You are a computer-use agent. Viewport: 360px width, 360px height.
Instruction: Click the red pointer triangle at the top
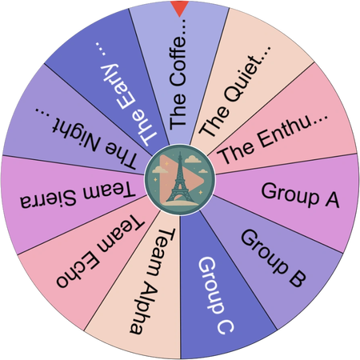(x=180, y=7)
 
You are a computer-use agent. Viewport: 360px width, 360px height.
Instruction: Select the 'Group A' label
(x=300, y=195)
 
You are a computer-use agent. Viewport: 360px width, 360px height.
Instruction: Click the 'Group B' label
(x=274, y=258)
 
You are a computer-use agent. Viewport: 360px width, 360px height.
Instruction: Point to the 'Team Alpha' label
(x=153, y=282)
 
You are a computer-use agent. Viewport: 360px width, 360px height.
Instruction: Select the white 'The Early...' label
(x=126, y=94)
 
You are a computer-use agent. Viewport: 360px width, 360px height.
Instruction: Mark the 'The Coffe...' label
(x=178, y=74)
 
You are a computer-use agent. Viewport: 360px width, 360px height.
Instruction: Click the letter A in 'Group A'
(x=332, y=199)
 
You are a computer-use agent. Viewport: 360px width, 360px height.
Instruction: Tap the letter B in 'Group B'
(x=297, y=278)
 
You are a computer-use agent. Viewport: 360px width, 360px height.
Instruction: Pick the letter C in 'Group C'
(x=226, y=326)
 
